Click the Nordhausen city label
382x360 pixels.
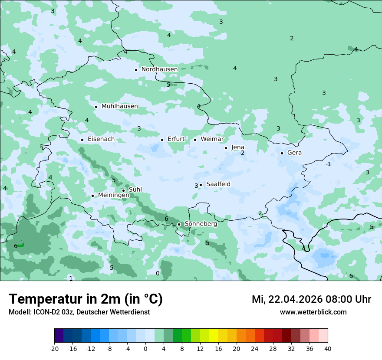click(159, 69)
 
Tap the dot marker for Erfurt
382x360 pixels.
click(162, 140)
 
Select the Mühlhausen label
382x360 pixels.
click(119, 106)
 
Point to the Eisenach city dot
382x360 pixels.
click(82, 140)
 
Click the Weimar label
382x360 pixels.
click(212, 139)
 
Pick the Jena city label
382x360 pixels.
click(237, 147)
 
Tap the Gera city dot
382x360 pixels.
click(282, 153)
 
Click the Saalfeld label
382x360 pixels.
click(218, 184)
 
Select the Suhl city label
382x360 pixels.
click(135, 190)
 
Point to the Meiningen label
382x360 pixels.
click(113, 195)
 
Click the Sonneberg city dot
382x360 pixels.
click(179, 224)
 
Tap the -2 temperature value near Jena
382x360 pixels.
click(242, 153)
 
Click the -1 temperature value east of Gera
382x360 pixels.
click(328, 164)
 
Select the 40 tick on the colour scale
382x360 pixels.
click(327, 349)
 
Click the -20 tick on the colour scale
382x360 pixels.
click(54, 349)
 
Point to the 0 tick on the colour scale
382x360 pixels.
click(145, 349)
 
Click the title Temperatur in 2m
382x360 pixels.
click(86, 299)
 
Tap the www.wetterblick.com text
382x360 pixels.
click(313, 312)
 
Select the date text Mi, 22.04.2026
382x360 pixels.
click(288, 300)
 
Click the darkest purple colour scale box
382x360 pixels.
click(59, 336)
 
